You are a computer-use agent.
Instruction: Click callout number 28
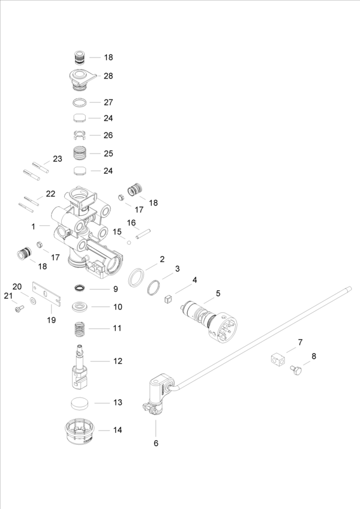point(108,76)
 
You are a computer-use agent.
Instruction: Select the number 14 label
point(117,430)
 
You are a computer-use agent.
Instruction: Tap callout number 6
point(156,444)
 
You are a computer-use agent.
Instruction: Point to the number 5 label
point(218,293)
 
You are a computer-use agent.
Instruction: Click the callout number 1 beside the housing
point(34,226)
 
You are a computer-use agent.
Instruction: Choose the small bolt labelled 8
point(295,369)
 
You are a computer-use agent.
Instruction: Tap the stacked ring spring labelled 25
point(80,153)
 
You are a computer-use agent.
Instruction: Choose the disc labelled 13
point(80,402)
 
